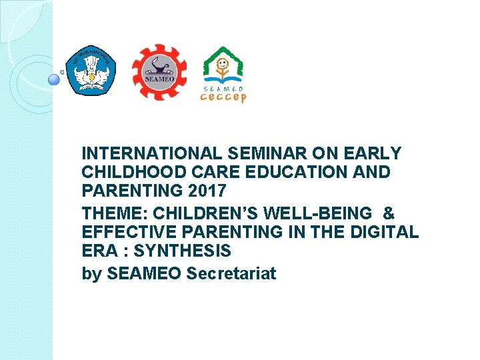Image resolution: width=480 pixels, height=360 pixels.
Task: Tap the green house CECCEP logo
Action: coord(223,66)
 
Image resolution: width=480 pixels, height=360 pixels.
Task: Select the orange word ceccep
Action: coord(223,97)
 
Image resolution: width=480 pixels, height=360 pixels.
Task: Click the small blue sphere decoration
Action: coord(55,80)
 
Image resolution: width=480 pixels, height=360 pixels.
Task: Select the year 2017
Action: coord(207,191)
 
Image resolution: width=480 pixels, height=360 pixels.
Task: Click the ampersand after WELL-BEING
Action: coord(389,213)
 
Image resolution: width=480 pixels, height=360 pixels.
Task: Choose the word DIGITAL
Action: coord(387,232)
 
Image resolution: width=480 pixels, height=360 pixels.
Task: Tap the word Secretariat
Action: coord(231,273)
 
